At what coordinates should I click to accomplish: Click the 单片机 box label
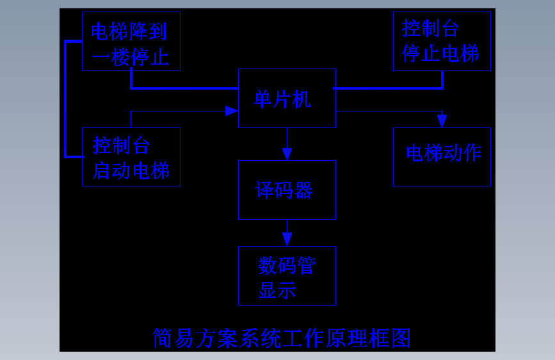[282, 99]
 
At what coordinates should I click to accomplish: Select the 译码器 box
[287, 190]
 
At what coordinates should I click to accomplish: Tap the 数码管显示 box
[287, 275]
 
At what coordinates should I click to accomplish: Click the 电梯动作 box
[442, 156]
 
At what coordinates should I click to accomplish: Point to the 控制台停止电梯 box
[442, 41]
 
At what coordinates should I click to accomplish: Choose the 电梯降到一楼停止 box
[131, 41]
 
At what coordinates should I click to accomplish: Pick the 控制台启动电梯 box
[131, 157]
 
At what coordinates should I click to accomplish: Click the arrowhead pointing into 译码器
[287, 154]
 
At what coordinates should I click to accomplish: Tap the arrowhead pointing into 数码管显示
[287, 239]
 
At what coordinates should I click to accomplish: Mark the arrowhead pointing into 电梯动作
[442, 120]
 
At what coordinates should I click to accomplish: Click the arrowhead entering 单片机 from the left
[231, 111]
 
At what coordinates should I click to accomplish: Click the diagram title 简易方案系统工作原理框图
[282, 338]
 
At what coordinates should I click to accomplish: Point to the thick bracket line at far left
[65, 99]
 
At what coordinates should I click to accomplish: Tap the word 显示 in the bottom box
[277, 290]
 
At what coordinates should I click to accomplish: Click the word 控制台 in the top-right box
[430, 28]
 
